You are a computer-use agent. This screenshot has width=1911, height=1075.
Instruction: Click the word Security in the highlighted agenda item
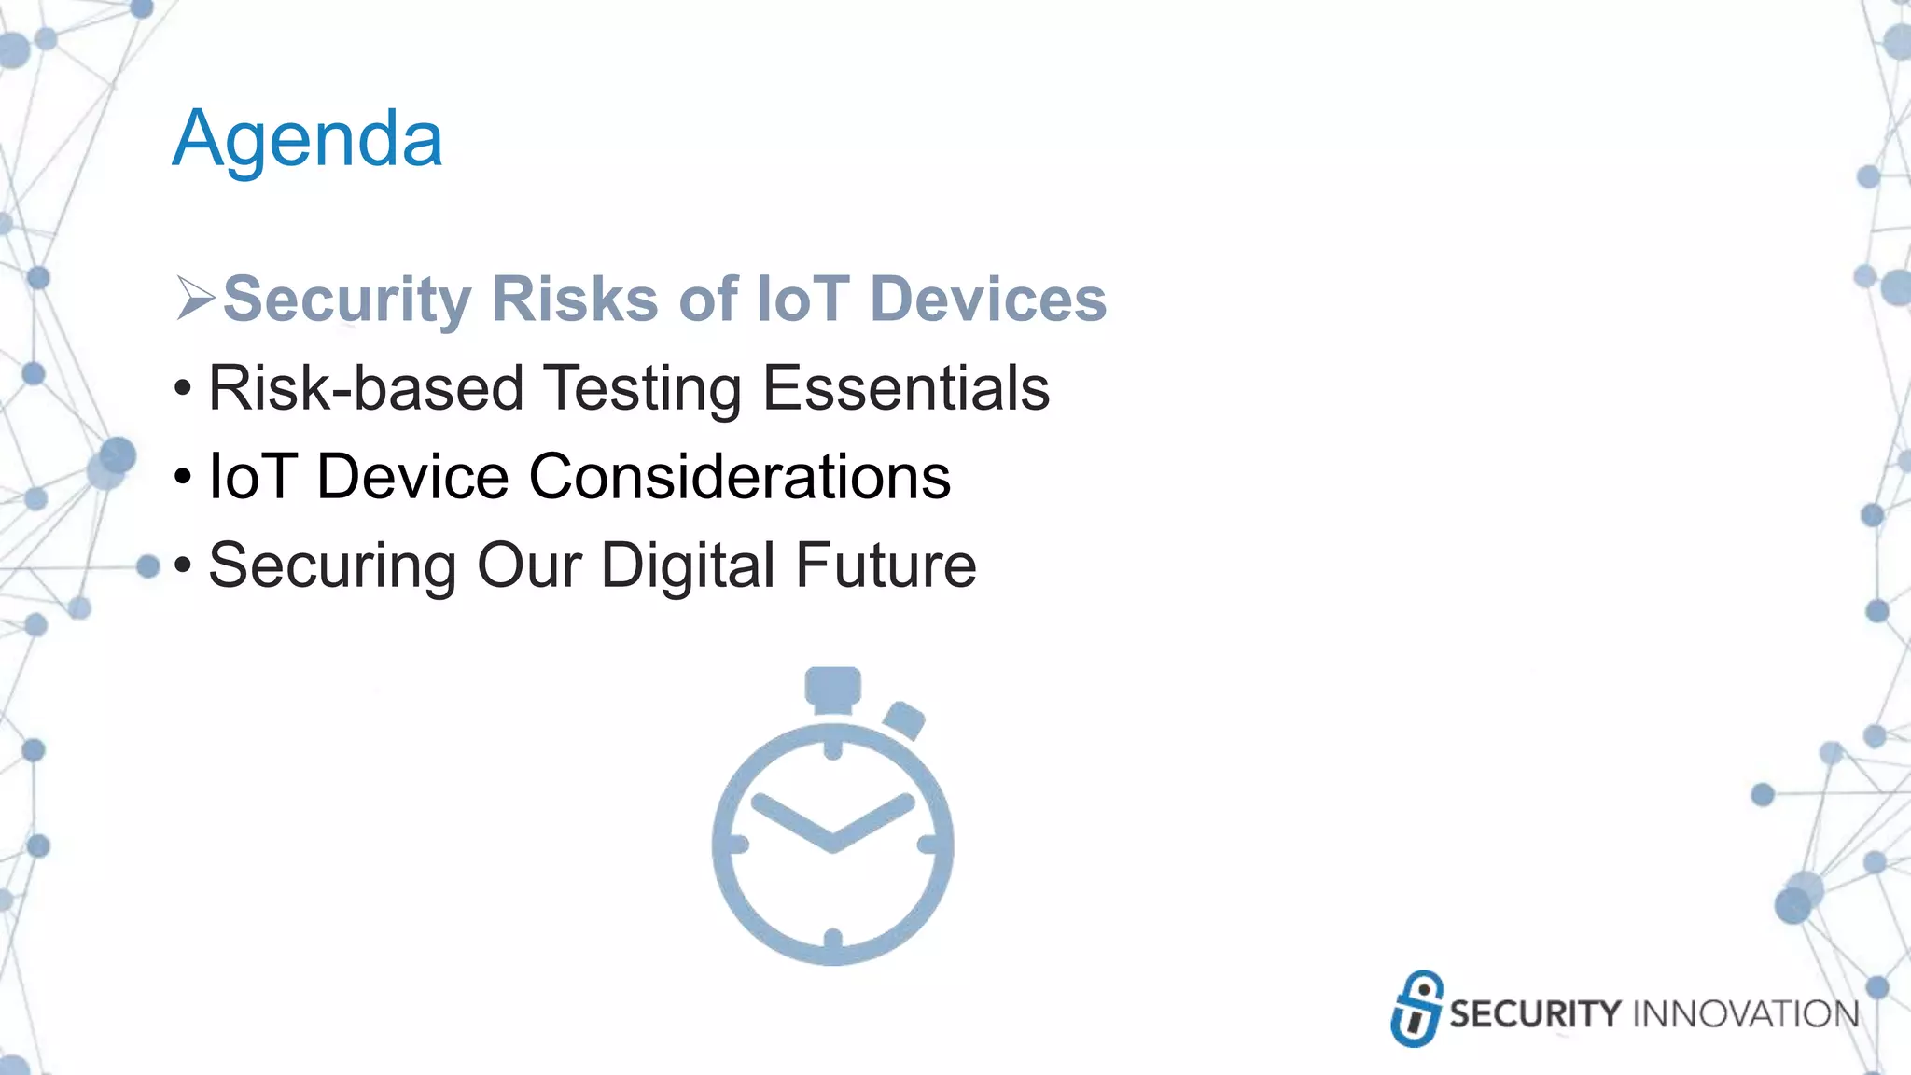click(x=347, y=300)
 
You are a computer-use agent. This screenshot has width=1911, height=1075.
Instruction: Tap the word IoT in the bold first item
click(x=802, y=300)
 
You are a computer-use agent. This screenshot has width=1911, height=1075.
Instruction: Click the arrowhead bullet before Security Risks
click(x=195, y=300)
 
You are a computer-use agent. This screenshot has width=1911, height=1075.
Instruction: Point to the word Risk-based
click(x=365, y=388)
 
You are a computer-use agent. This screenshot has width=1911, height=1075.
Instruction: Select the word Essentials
click(x=905, y=388)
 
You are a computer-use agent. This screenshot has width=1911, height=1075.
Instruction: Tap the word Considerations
click(x=739, y=477)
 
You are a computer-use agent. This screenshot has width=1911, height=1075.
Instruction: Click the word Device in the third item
click(x=412, y=477)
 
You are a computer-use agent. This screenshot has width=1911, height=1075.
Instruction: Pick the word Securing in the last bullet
click(x=332, y=565)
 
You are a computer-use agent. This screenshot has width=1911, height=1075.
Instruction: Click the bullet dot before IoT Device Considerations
click(x=183, y=477)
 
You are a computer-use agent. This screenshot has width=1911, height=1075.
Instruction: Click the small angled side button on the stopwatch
click(x=903, y=719)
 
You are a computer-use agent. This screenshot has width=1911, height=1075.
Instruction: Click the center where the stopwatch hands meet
click(x=832, y=845)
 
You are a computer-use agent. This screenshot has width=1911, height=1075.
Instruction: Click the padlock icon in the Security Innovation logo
click(x=1416, y=1009)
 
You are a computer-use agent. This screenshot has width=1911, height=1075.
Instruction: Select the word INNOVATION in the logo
click(x=1745, y=1013)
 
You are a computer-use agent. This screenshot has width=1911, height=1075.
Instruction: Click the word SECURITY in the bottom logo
click(x=1535, y=1013)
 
